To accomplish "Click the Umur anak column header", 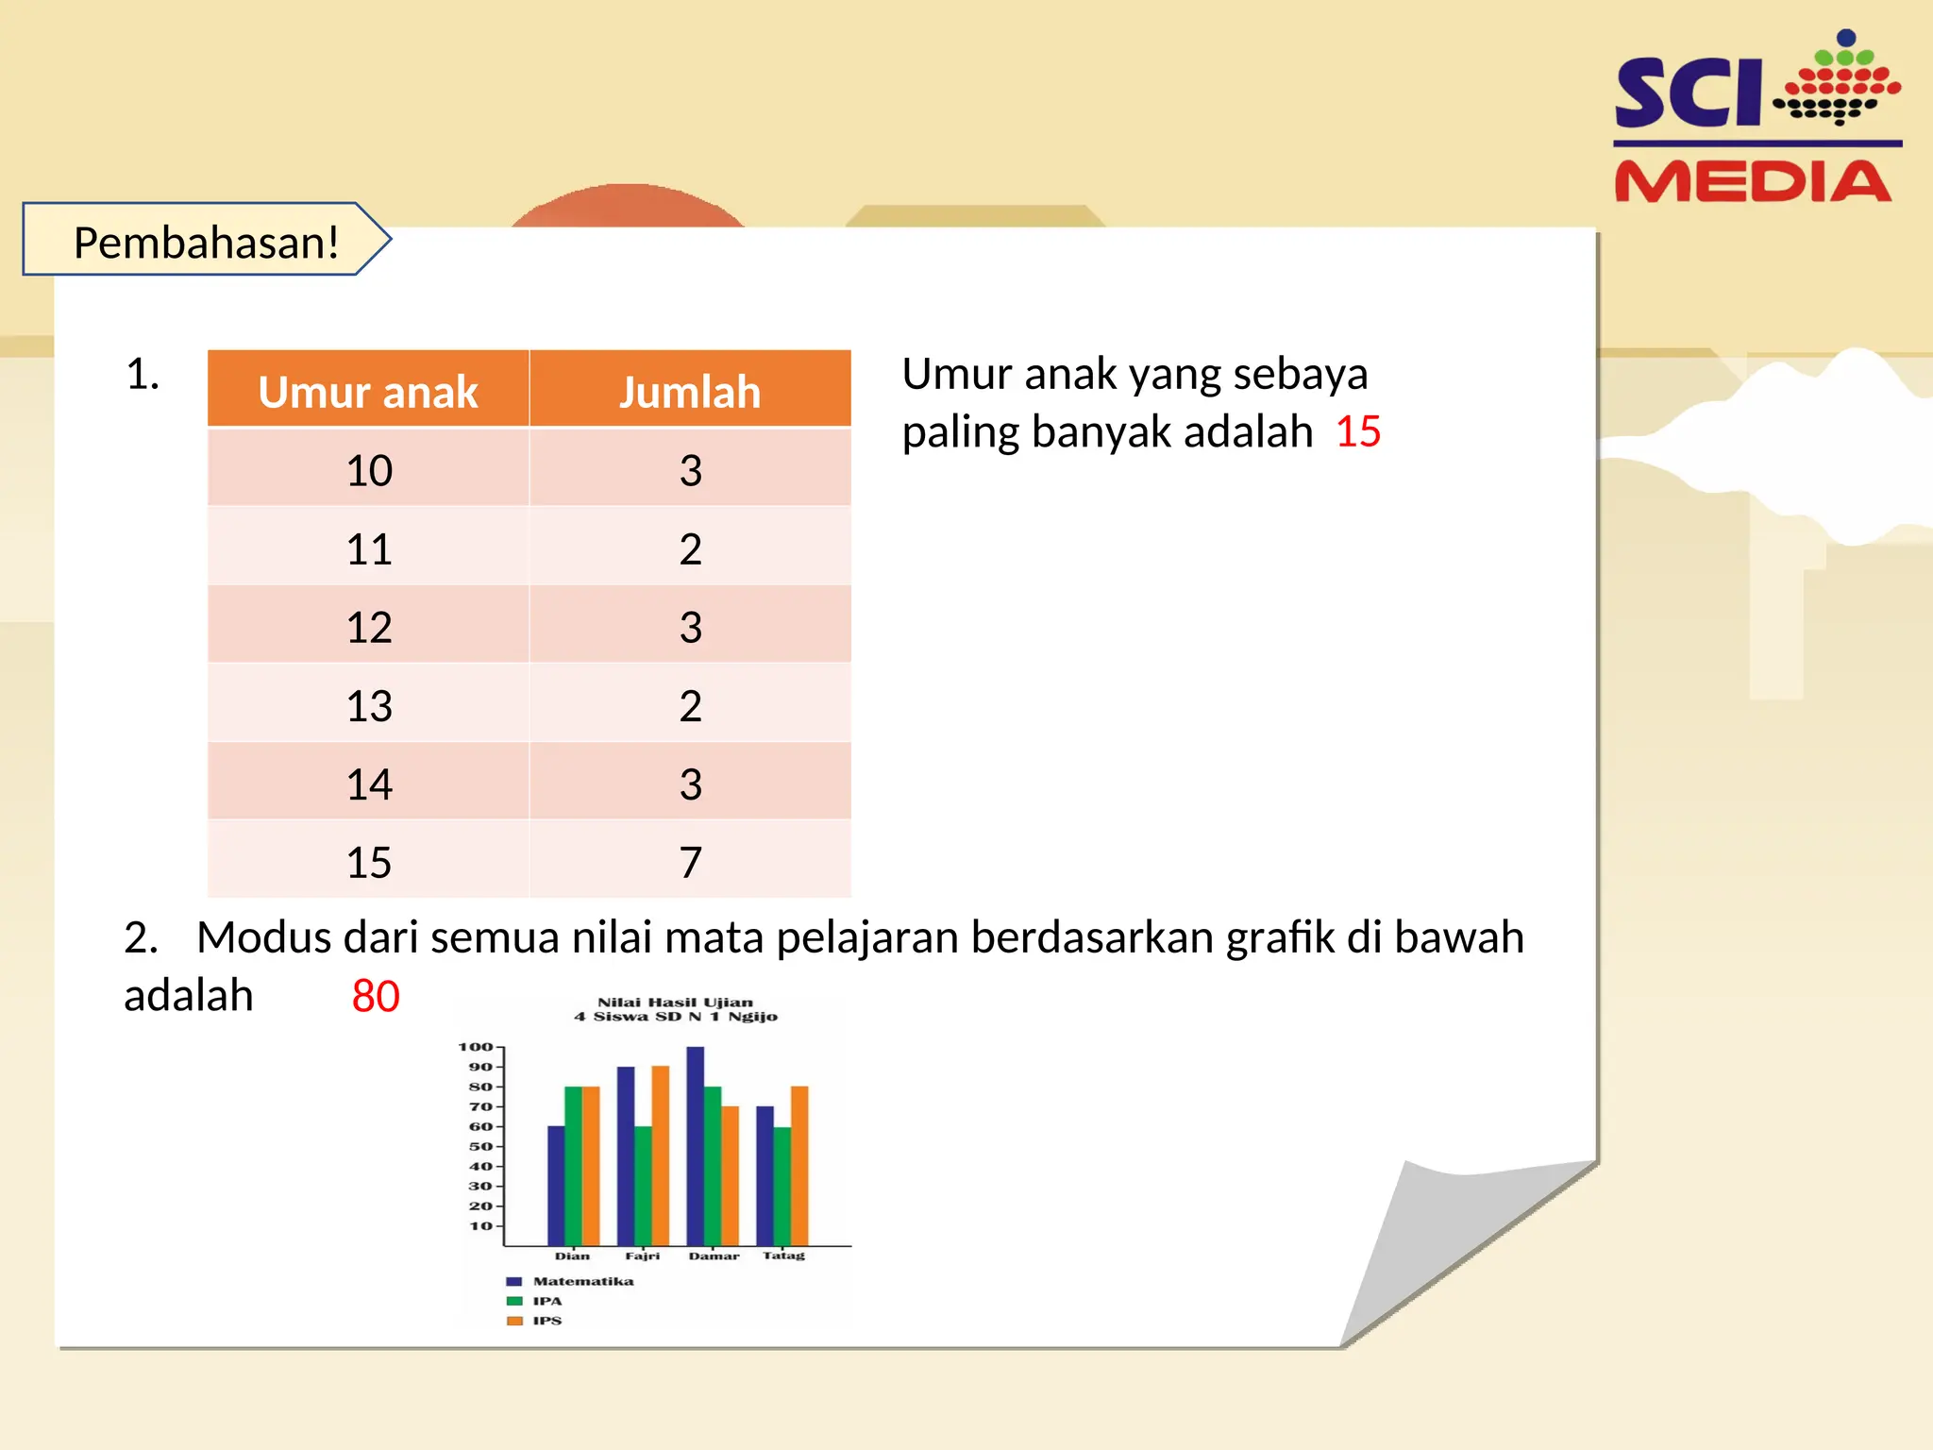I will (x=368, y=392).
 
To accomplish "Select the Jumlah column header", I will (x=690, y=392).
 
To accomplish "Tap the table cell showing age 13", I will (x=368, y=705).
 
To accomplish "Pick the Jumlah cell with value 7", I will (x=690, y=862).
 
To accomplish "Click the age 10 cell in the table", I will (x=368, y=470).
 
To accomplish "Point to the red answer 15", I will (x=1357, y=432).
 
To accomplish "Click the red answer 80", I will (x=376, y=996).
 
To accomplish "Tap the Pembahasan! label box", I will (x=206, y=242).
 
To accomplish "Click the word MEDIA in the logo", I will (x=1753, y=181).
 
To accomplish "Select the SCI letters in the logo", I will (x=1688, y=93).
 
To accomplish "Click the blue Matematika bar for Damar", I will (x=695, y=1145).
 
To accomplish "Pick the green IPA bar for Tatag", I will (x=782, y=1186).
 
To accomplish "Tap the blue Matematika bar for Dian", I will (x=556, y=1185).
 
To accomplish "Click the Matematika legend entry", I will (x=582, y=1281).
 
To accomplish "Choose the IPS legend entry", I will (x=546, y=1321).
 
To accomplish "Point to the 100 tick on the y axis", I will (x=476, y=1047).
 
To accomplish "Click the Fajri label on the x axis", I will (x=642, y=1256).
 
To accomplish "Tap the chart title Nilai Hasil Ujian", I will (x=675, y=1003).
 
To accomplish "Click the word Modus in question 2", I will (x=263, y=938).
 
